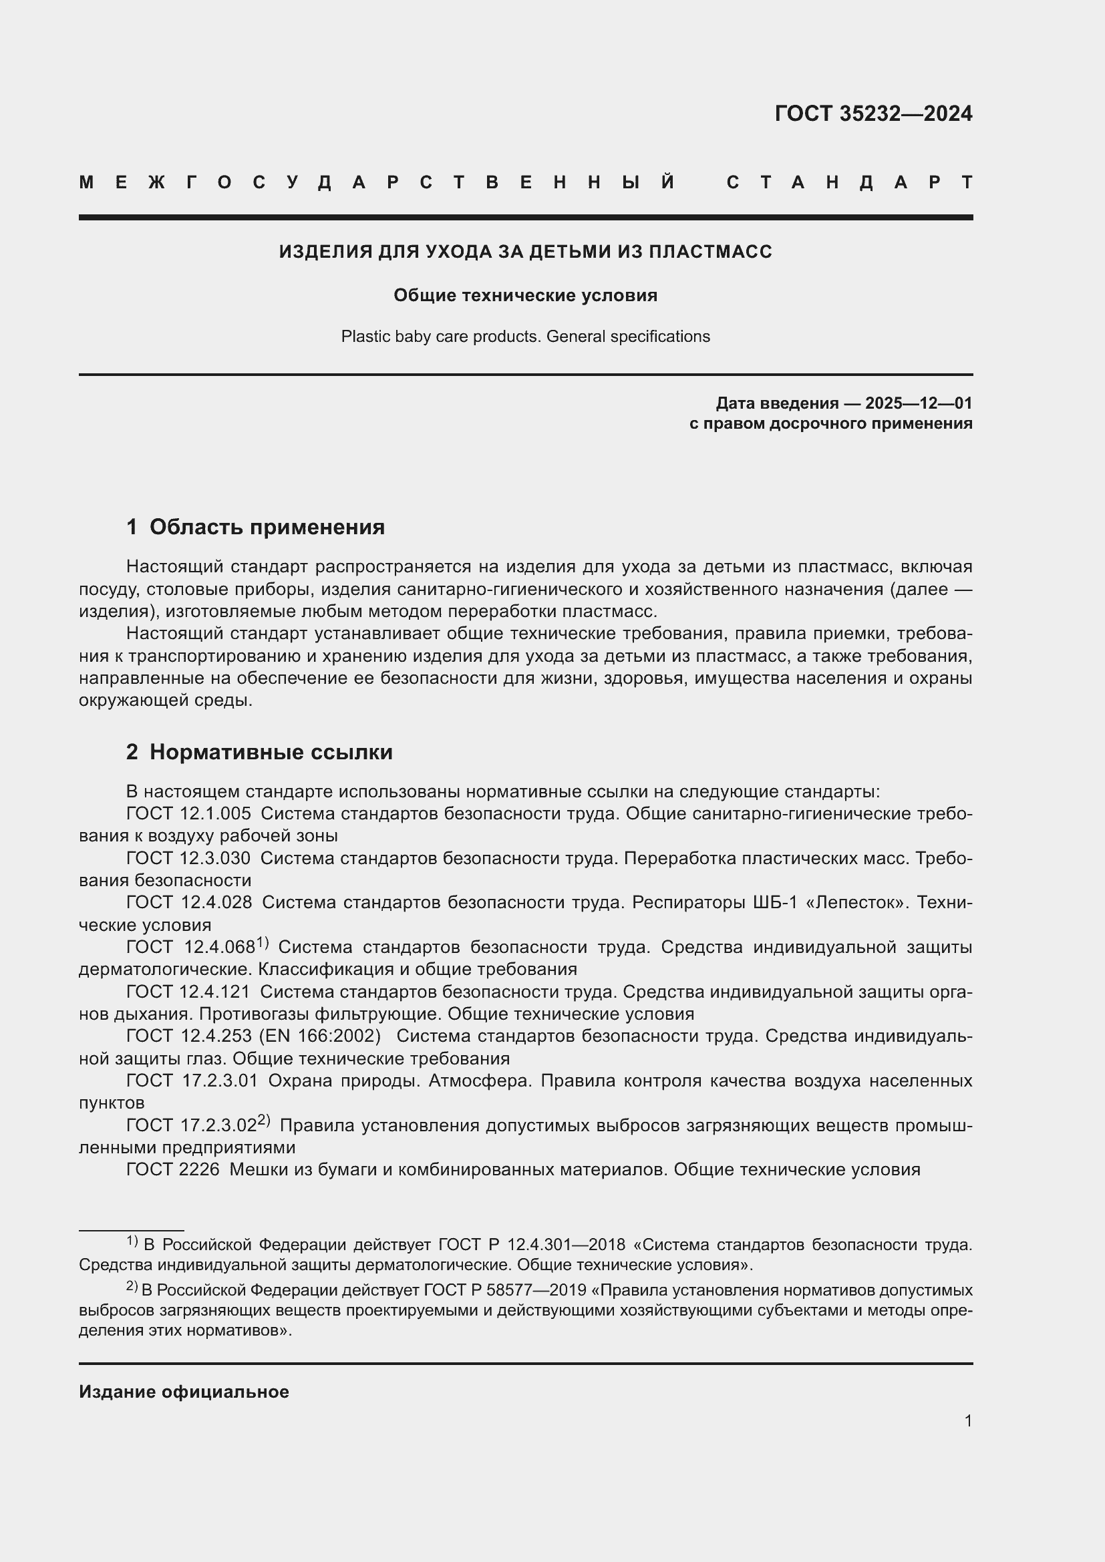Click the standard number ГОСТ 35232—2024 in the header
(873, 114)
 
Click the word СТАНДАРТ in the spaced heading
(849, 182)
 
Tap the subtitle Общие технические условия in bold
(525, 295)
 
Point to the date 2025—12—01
(918, 403)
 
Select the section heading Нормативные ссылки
(271, 752)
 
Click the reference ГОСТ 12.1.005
(188, 813)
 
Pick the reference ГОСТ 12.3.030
(188, 858)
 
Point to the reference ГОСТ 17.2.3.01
(192, 1081)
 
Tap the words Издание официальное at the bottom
(184, 1391)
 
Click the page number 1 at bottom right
(967, 1420)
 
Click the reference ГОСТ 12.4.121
(188, 991)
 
